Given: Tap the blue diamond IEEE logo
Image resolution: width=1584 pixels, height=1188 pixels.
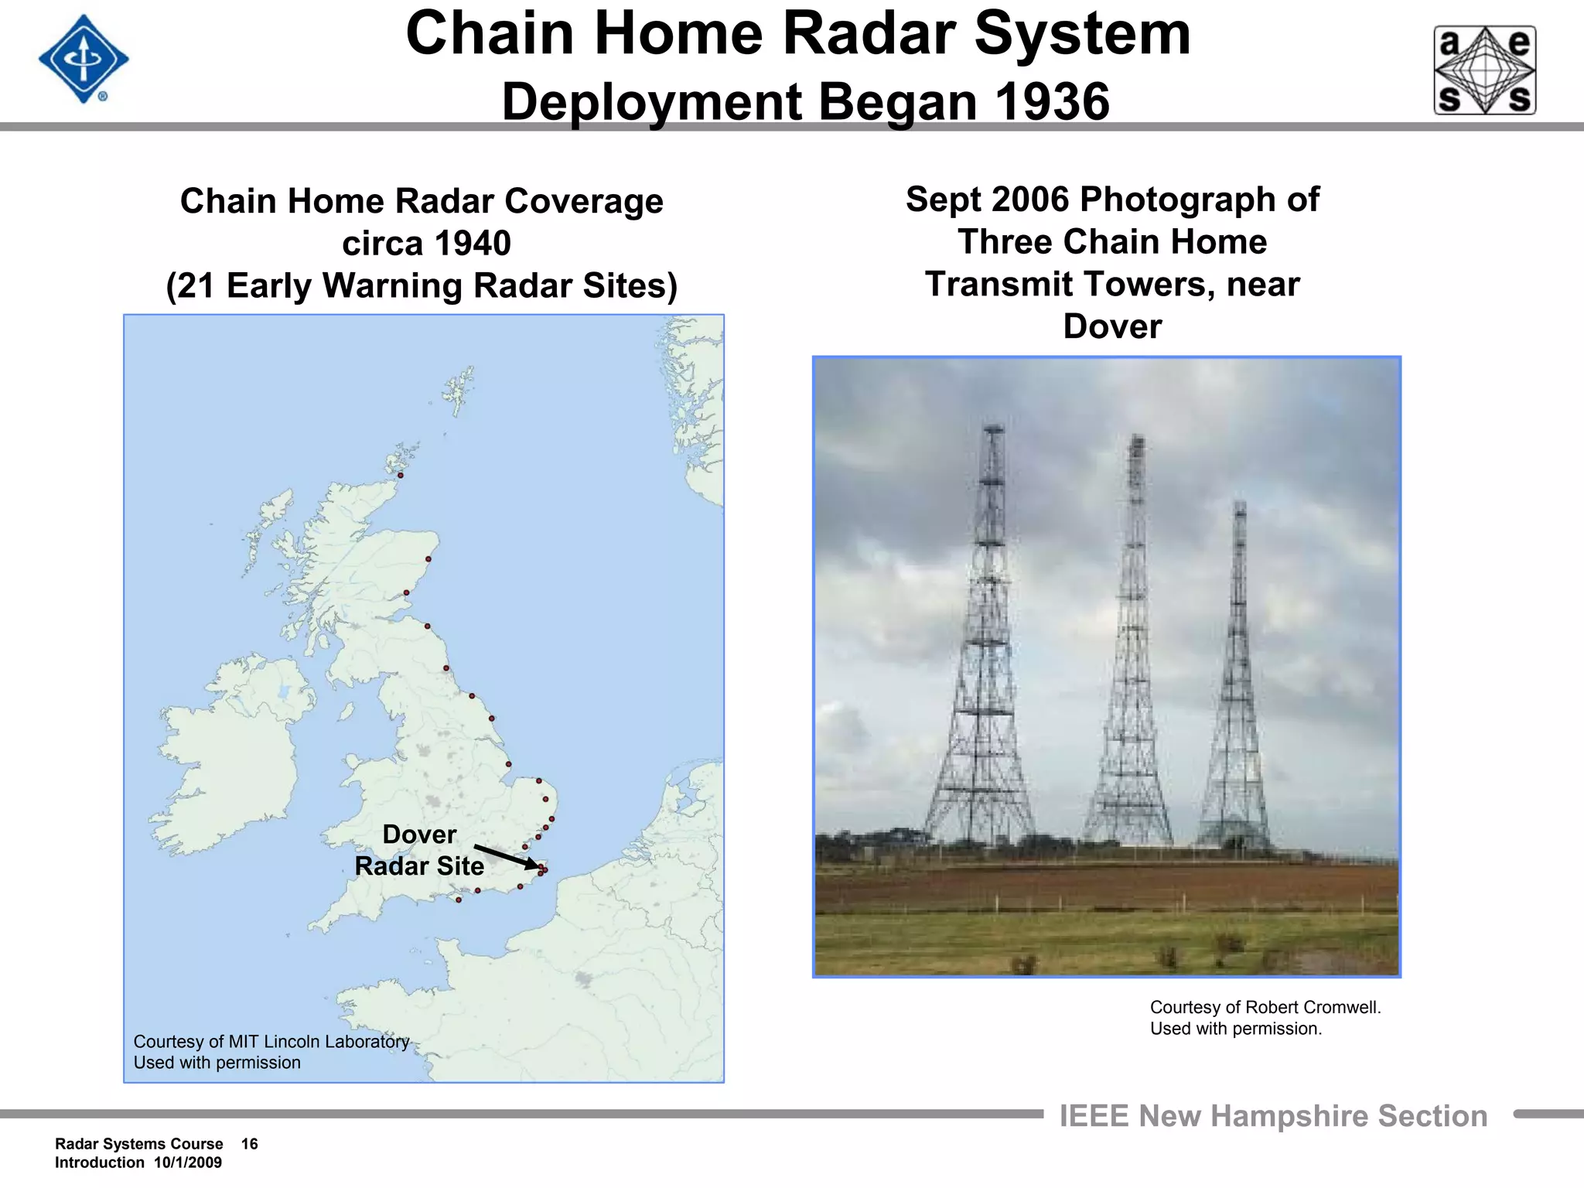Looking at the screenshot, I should [x=83, y=60].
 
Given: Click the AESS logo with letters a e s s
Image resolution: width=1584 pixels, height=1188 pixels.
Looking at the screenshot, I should [x=1484, y=70].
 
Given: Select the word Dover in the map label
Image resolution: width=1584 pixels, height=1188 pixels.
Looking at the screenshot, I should [x=419, y=835].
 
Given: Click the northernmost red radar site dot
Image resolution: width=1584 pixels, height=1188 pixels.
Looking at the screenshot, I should [x=401, y=475].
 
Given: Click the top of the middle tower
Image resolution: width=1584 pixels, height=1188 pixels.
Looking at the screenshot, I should [x=1136, y=439].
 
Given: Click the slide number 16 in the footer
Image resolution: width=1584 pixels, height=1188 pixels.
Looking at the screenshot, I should [x=249, y=1144].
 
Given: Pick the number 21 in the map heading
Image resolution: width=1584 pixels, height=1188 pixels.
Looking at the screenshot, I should [x=197, y=285].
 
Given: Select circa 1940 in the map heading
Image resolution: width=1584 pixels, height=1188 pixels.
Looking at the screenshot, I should [x=426, y=244].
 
